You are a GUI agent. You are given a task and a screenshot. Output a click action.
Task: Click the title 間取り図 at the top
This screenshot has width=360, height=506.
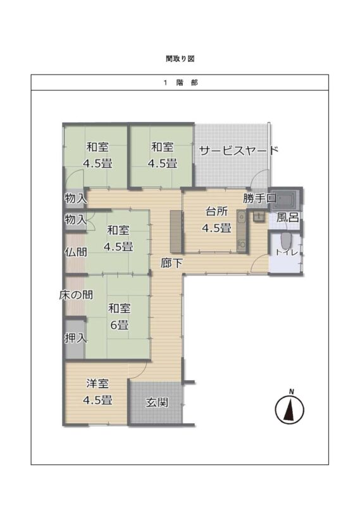pos(180,59)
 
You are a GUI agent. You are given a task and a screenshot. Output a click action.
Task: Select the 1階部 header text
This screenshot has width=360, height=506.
pos(180,83)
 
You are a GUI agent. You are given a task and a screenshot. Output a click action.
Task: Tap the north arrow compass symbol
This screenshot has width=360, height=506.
pos(290,408)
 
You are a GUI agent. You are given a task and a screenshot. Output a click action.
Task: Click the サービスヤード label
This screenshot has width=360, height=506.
pos(239,151)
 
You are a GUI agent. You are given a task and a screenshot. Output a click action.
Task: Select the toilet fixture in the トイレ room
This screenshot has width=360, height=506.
pos(285,240)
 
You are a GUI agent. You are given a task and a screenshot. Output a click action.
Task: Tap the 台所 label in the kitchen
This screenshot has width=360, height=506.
pos(216,211)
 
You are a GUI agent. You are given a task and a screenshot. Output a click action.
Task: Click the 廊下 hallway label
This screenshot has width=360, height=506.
pos(171,263)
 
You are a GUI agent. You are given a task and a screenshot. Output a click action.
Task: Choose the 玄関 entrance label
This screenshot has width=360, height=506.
pos(157,402)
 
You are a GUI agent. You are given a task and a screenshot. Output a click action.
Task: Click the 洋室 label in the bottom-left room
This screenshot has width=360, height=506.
pos(97,384)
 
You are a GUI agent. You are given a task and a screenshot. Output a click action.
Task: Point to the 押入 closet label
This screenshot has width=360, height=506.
pos(75,338)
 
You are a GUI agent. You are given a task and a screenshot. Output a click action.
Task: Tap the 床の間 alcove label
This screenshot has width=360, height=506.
pos(76,295)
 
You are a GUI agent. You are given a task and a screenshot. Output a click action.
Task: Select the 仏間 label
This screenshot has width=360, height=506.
pos(76,252)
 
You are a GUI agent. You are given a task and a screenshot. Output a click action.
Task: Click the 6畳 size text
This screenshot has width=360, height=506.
pos(120,324)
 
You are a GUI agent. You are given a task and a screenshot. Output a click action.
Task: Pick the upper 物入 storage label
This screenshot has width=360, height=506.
pos(75,198)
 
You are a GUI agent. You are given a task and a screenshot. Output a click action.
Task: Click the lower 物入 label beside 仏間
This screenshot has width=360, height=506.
pos(75,219)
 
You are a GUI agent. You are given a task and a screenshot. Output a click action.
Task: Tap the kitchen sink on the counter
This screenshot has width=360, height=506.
pos(241,217)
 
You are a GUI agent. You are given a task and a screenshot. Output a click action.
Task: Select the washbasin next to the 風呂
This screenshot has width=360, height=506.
pos(259,217)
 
